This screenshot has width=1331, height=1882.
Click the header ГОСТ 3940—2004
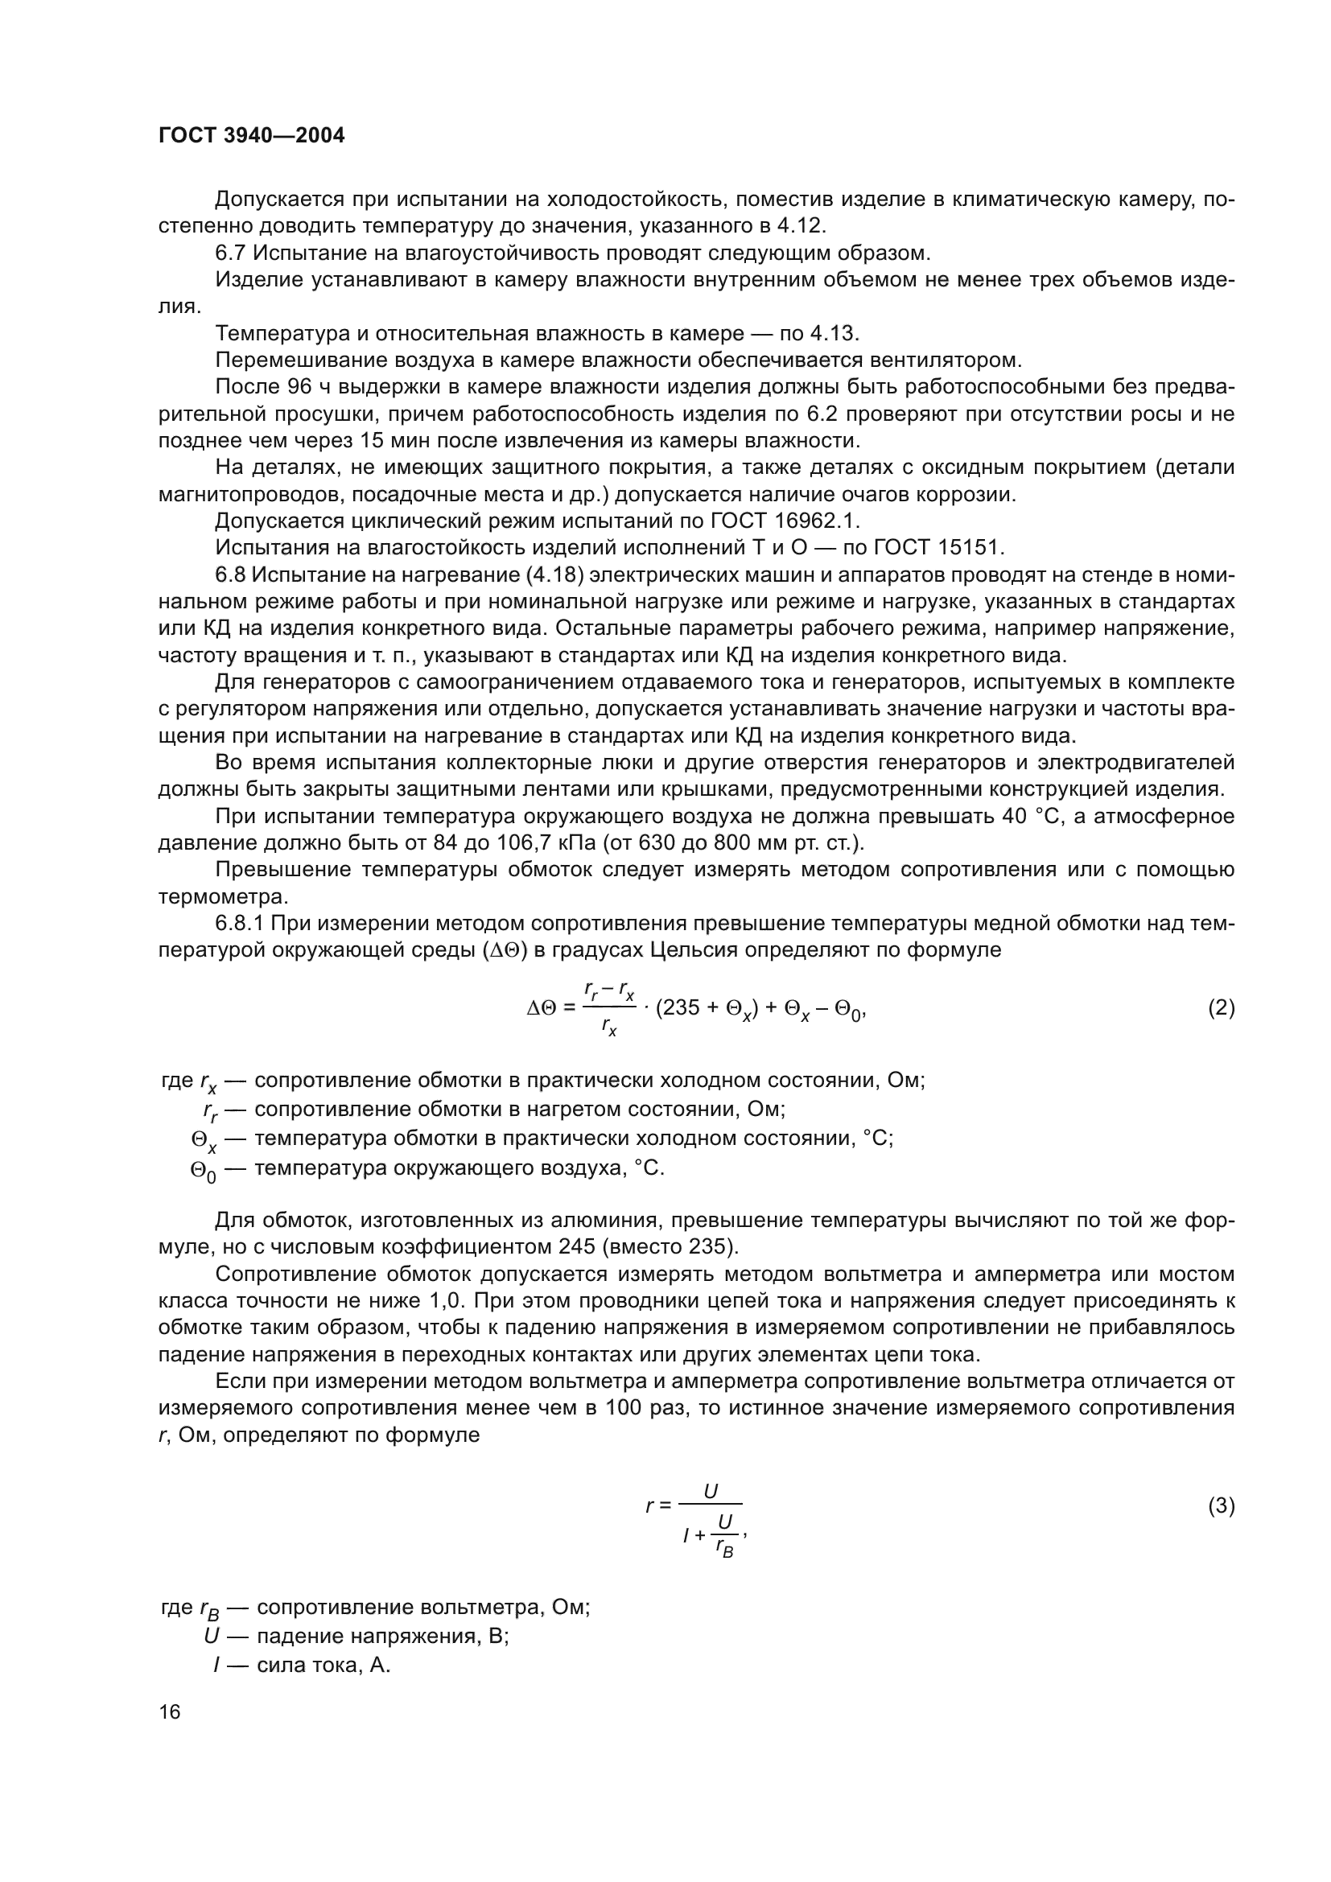[x=252, y=135]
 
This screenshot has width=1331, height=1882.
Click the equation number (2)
[x=1222, y=1007]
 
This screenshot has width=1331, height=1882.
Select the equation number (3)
[x=1222, y=1505]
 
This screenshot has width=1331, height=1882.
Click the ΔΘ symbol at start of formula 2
[x=543, y=1008]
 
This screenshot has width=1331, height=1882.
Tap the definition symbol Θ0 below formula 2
[x=203, y=1171]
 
